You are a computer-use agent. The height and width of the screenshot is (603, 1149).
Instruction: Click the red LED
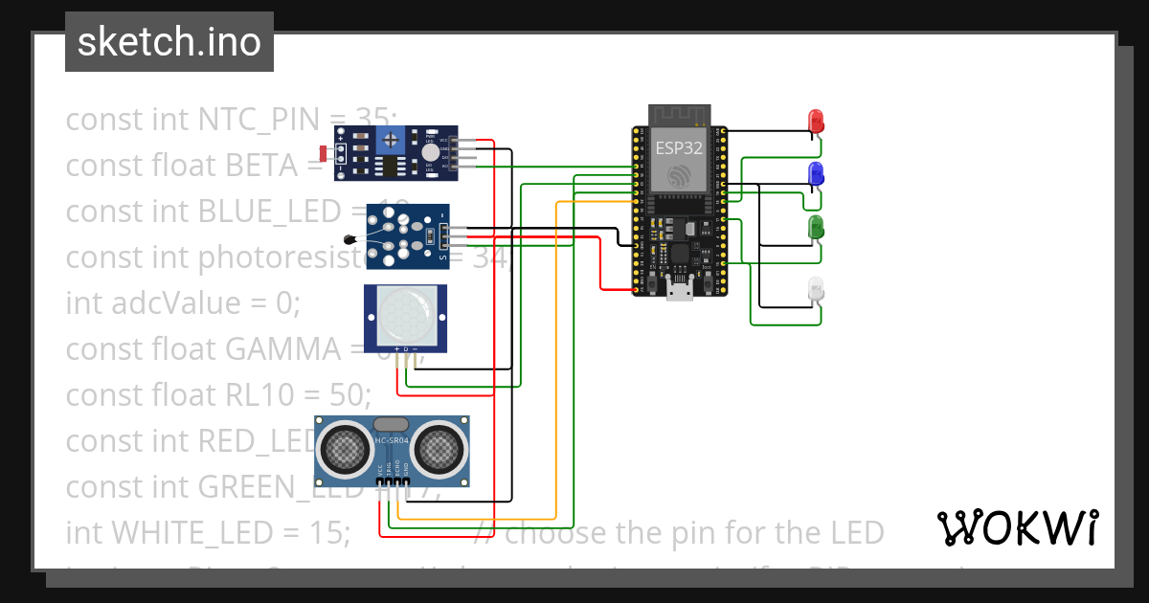click(817, 122)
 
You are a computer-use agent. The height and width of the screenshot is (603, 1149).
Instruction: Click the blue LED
click(817, 174)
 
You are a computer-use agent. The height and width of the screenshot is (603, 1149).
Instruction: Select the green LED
click(817, 228)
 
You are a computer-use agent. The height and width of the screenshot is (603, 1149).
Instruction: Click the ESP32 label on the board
click(680, 147)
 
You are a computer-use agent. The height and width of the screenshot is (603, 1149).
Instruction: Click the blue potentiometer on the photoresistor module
click(391, 142)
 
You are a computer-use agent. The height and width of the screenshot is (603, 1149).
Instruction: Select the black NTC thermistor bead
click(349, 240)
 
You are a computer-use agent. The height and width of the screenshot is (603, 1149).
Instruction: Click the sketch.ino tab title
click(169, 42)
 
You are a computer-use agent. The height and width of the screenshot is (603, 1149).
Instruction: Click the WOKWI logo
click(1017, 527)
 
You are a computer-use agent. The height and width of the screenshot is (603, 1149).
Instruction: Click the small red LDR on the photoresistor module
click(324, 152)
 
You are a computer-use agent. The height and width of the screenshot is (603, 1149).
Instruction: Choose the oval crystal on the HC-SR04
click(391, 424)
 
